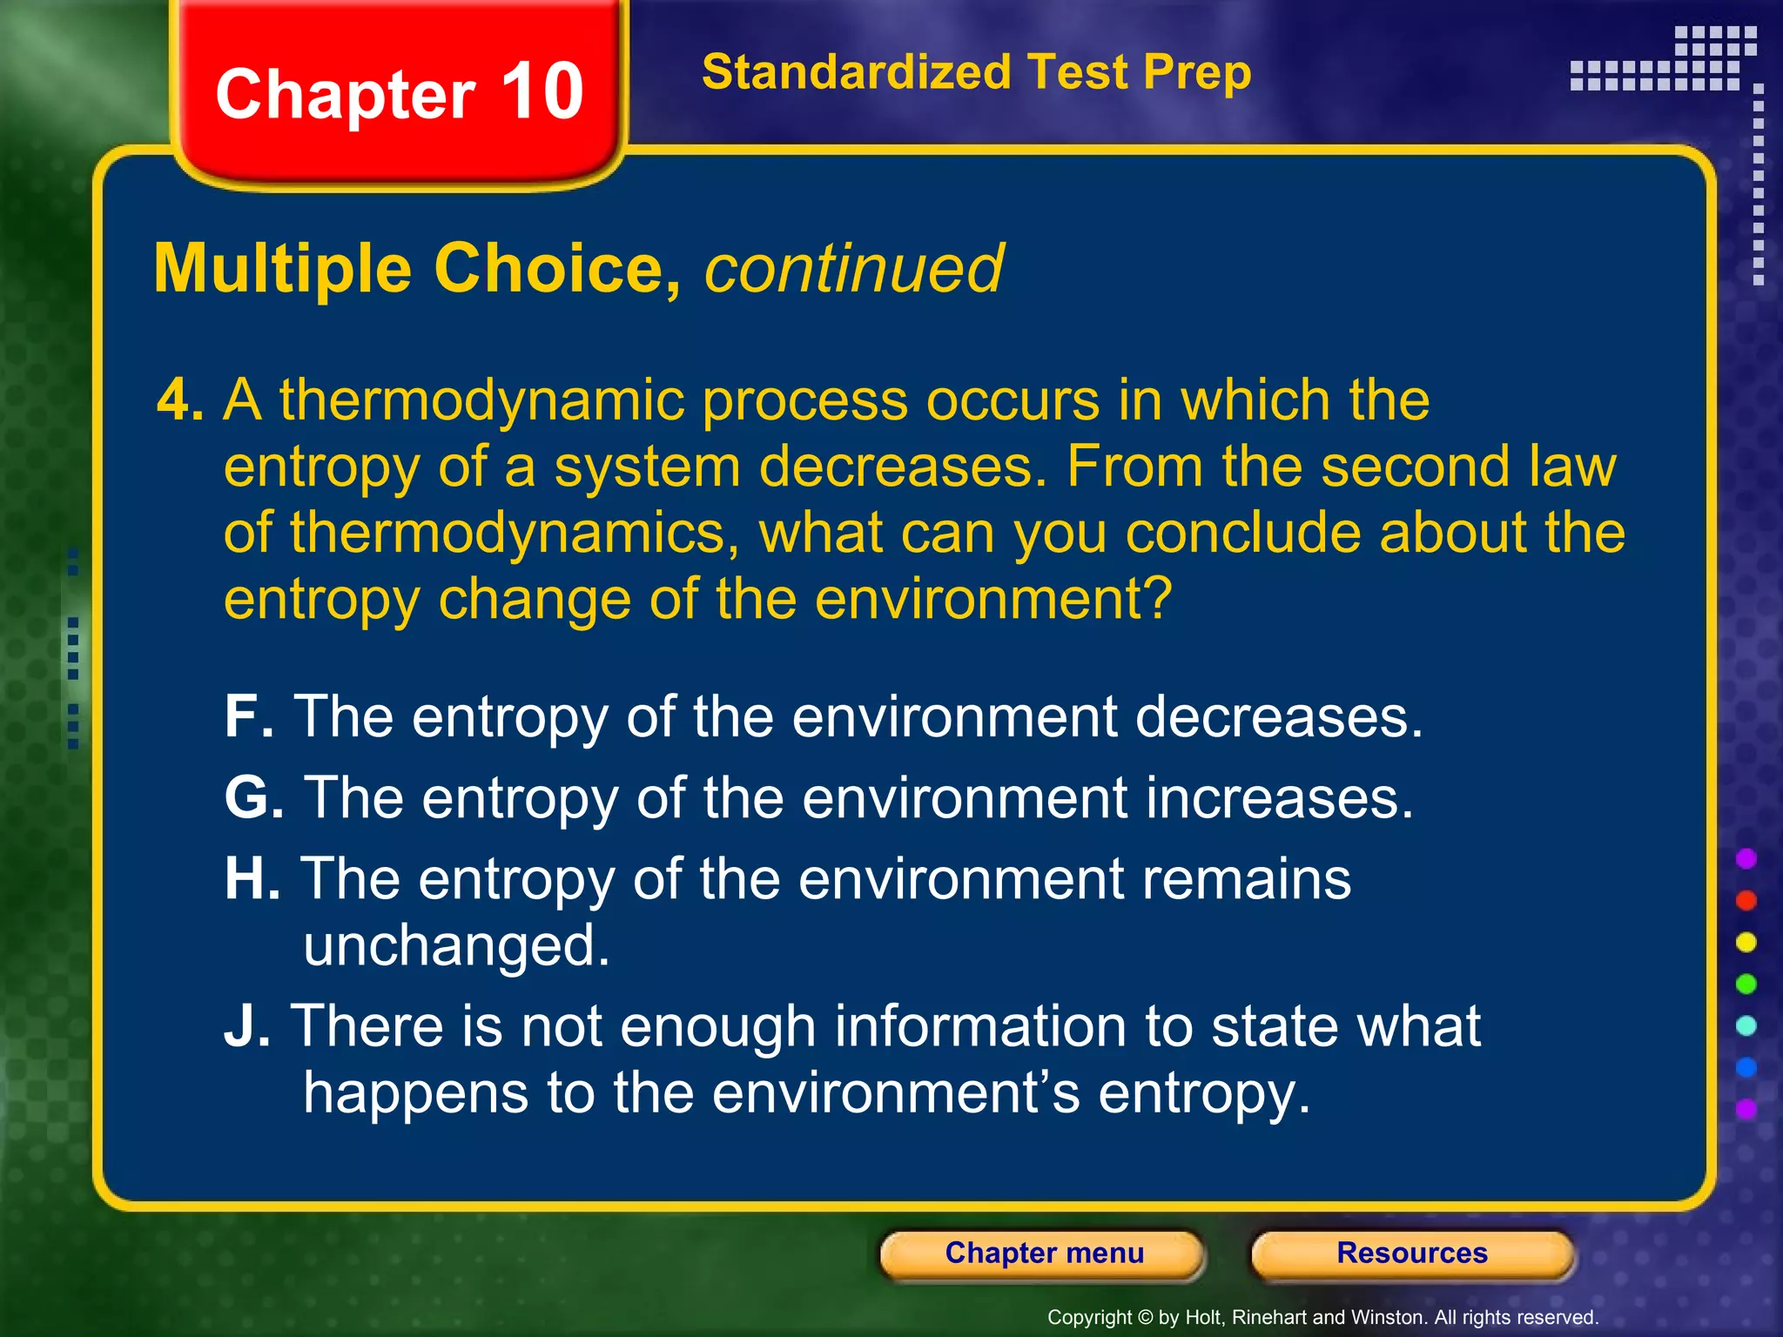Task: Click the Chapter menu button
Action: (x=1043, y=1253)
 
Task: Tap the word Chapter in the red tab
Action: (x=346, y=96)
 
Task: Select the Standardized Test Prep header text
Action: (x=976, y=72)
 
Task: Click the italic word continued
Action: (x=853, y=269)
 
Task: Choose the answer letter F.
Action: (x=247, y=716)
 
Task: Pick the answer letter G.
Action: (x=253, y=797)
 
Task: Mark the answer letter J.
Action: (x=246, y=1026)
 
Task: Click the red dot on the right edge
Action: (x=1746, y=900)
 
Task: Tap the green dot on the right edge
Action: (x=1746, y=984)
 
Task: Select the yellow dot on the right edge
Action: (x=1746, y=942)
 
